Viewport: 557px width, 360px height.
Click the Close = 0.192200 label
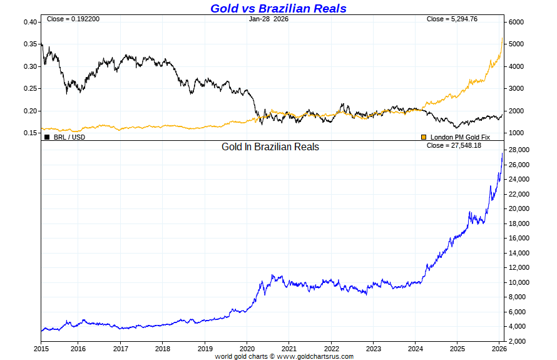pyautogui.click(x=73, y=19)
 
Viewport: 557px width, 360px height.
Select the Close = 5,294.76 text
pyautogui.click(x=452, y=19)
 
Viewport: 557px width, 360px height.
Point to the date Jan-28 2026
pyautogui.click(x=268, y=19)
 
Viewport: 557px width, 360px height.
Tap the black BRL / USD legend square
pyautogui.click(x=47, y=136)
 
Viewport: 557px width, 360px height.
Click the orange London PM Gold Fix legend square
pyautogui.click(x=423, y=136)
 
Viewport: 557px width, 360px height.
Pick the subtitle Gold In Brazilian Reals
pyautogui.click(x=270, y=147)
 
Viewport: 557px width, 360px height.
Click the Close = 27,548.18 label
pyautogui.click(x=454, y=146)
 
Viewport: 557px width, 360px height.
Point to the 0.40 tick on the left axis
pyautogui.click(x=30, y=23)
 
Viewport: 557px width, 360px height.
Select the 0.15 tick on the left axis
pyautogui.click(x=30, y=133)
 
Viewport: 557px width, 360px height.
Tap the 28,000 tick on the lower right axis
pyautogui.click(x=519, y=150)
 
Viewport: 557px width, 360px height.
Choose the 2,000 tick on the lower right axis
pyautogui.click(x=517, y=341)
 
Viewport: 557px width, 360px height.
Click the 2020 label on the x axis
pyautogui.click(x=247, y=347)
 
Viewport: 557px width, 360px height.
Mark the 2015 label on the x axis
pyautogui.click(x=41, y=347)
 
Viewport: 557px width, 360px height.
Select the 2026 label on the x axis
pyautogui.click(x=498, y=347)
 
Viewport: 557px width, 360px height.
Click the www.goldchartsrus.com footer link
pyautogui.click(x=315, y=356)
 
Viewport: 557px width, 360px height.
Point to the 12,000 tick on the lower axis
pyautogui.click(x=519, y=267)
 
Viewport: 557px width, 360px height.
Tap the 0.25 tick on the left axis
pyautogui.click(x=30, y=89)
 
